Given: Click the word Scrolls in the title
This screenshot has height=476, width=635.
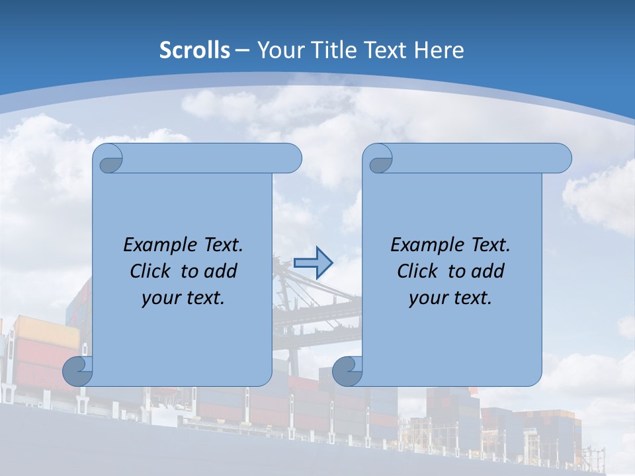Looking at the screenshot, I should click(194, 50).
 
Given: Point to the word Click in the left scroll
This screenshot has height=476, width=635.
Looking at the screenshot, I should click(149, 271).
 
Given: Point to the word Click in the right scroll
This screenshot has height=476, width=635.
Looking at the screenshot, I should click(417, 271).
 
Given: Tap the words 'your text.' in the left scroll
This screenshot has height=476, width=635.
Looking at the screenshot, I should click(183, 297).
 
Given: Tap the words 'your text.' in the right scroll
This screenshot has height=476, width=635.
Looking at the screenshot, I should click(450, 297).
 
